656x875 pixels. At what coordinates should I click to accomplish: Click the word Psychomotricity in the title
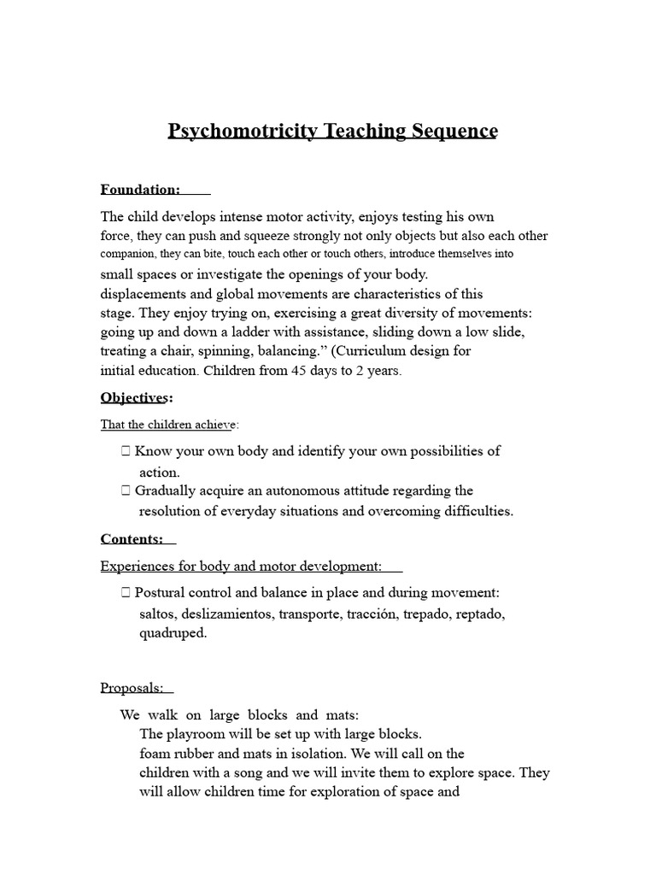(242, 131)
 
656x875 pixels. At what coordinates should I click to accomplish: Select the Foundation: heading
(140, 189)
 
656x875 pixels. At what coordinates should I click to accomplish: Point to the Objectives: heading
(137, 397)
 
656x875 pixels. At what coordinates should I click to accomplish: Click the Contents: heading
(132, 538)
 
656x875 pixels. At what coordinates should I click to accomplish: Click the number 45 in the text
(278, 371)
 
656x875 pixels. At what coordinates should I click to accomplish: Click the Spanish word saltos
(159, 614)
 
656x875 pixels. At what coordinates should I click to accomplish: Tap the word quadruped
(173, 634)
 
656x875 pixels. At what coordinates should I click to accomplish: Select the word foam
(154, 754)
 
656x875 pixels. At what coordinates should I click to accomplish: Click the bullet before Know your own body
(126, 451)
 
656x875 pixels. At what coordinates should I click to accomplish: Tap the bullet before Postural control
(126, 593)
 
